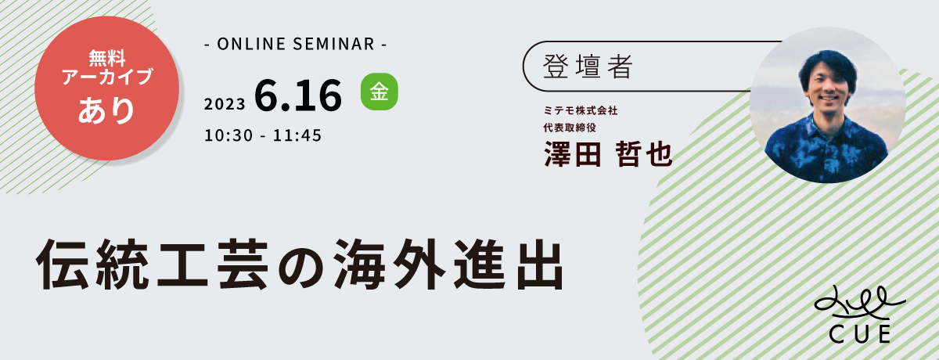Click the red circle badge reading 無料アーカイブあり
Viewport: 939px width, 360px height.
(x=107, y=88)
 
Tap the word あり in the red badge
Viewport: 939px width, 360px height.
(x=106, y=110)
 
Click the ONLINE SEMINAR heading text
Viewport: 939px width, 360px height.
(x=296, y=44)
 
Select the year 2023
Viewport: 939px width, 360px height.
(x=225, y=104)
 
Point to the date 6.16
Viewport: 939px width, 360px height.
(x=298, y=95)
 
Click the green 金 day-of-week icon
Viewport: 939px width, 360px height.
(x=380, y=92)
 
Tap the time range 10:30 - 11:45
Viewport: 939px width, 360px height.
(x=263, y=135)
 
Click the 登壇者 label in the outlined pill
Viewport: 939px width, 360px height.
(x=588, y=67)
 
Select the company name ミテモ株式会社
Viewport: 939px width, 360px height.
(x=581, y=110)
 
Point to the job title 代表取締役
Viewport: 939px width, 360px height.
(x=570, y=128)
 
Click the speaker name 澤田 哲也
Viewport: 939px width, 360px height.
(x=608, y=154)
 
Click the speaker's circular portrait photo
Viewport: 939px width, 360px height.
(x=827, y=105)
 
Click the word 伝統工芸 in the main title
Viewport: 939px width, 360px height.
(x=153, y=264)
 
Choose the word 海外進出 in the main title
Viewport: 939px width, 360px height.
(x=449, y=264)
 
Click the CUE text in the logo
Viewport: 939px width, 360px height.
(x=859, y=334)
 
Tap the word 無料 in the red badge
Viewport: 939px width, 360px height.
(x=107, y=58)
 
